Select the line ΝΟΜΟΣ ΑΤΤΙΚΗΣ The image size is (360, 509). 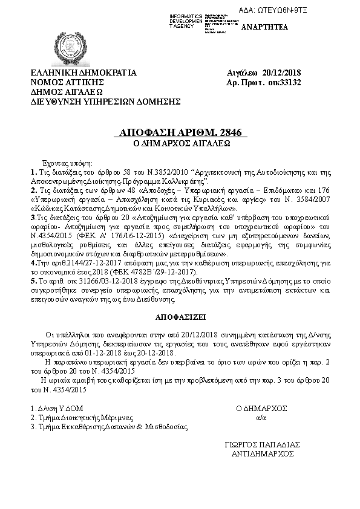[x=68, y=83]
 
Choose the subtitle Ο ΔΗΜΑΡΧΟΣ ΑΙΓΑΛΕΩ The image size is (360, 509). [x=180, y=144]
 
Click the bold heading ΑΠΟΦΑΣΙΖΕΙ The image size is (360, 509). [x=180, y=316]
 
